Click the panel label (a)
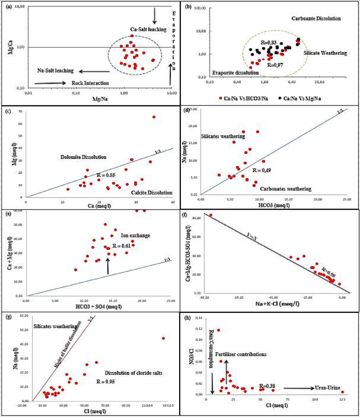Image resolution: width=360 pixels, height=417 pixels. coord(6,6)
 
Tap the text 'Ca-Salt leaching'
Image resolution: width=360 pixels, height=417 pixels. coord(149,29)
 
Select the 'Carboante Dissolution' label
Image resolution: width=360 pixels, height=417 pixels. coord(316,18)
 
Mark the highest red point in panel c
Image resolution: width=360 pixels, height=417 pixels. coord(154,117)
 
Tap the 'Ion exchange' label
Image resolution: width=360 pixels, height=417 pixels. coord(135,236)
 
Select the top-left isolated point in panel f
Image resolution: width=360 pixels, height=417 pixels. coord(211,215)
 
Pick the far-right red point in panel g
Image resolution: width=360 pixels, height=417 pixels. coord(163,338)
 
